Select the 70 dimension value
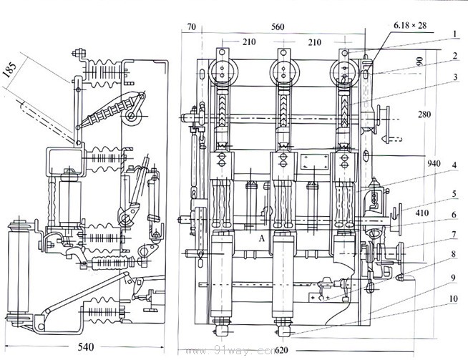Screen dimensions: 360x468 pyautogui.click(x=190, y=26)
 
